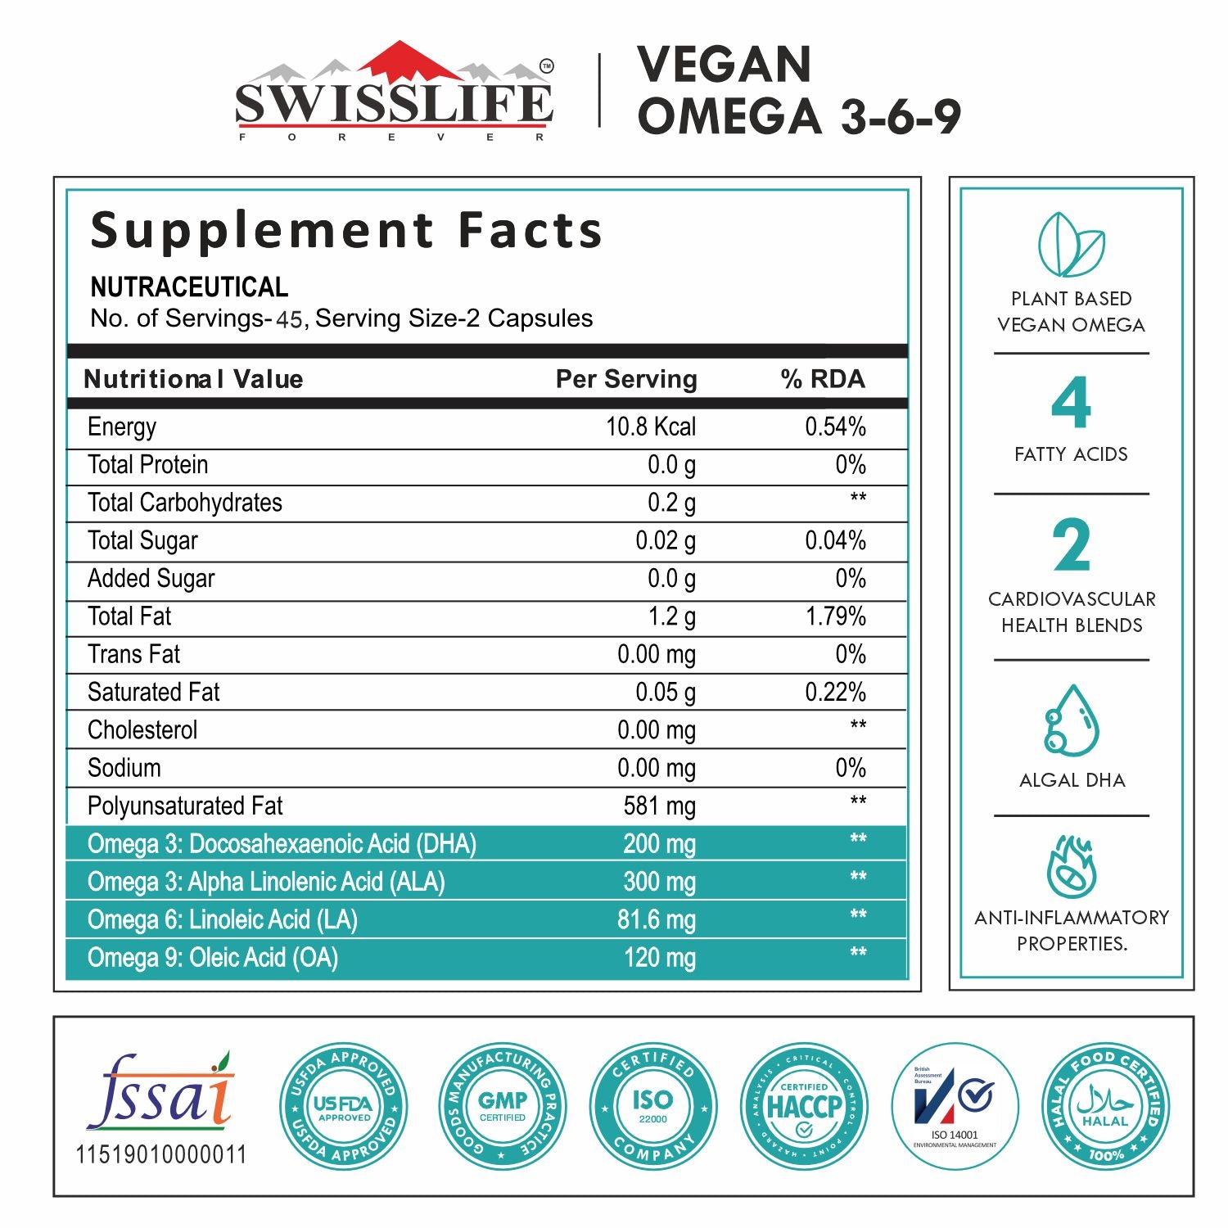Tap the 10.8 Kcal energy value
pos(650,427)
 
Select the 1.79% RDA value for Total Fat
pos(835,616)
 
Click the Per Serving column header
pos(626,379)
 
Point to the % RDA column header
pos(822,379)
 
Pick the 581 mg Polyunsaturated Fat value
pos(659,806)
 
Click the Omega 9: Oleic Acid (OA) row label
pos(213,958)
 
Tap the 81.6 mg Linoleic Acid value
pos(656,920)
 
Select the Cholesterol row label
pos(142,730)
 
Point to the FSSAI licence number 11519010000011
pos(161,1155)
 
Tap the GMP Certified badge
pos(503,1107)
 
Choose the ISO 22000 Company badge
pos(652,1107)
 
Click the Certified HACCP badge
pos(804,1107)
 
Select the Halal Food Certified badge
pos(1105,1107)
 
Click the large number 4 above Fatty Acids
pos(1071,403)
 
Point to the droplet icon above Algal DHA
pos(1071,721)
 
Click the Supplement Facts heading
pos(346,230)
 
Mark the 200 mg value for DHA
pos(659,844)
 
